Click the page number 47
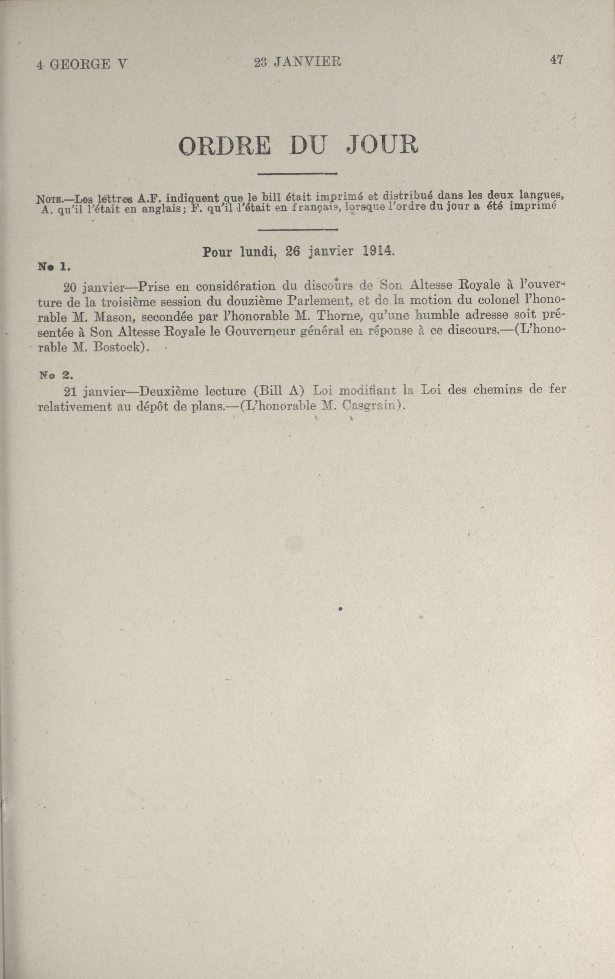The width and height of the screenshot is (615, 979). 556,60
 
